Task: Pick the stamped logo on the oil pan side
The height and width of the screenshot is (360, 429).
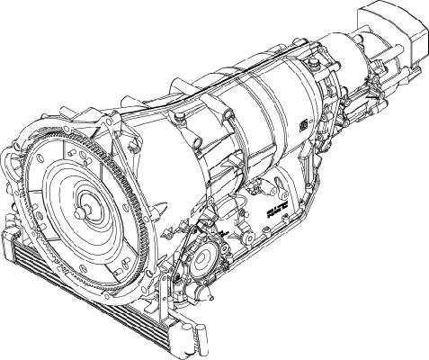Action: coord(285,211)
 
